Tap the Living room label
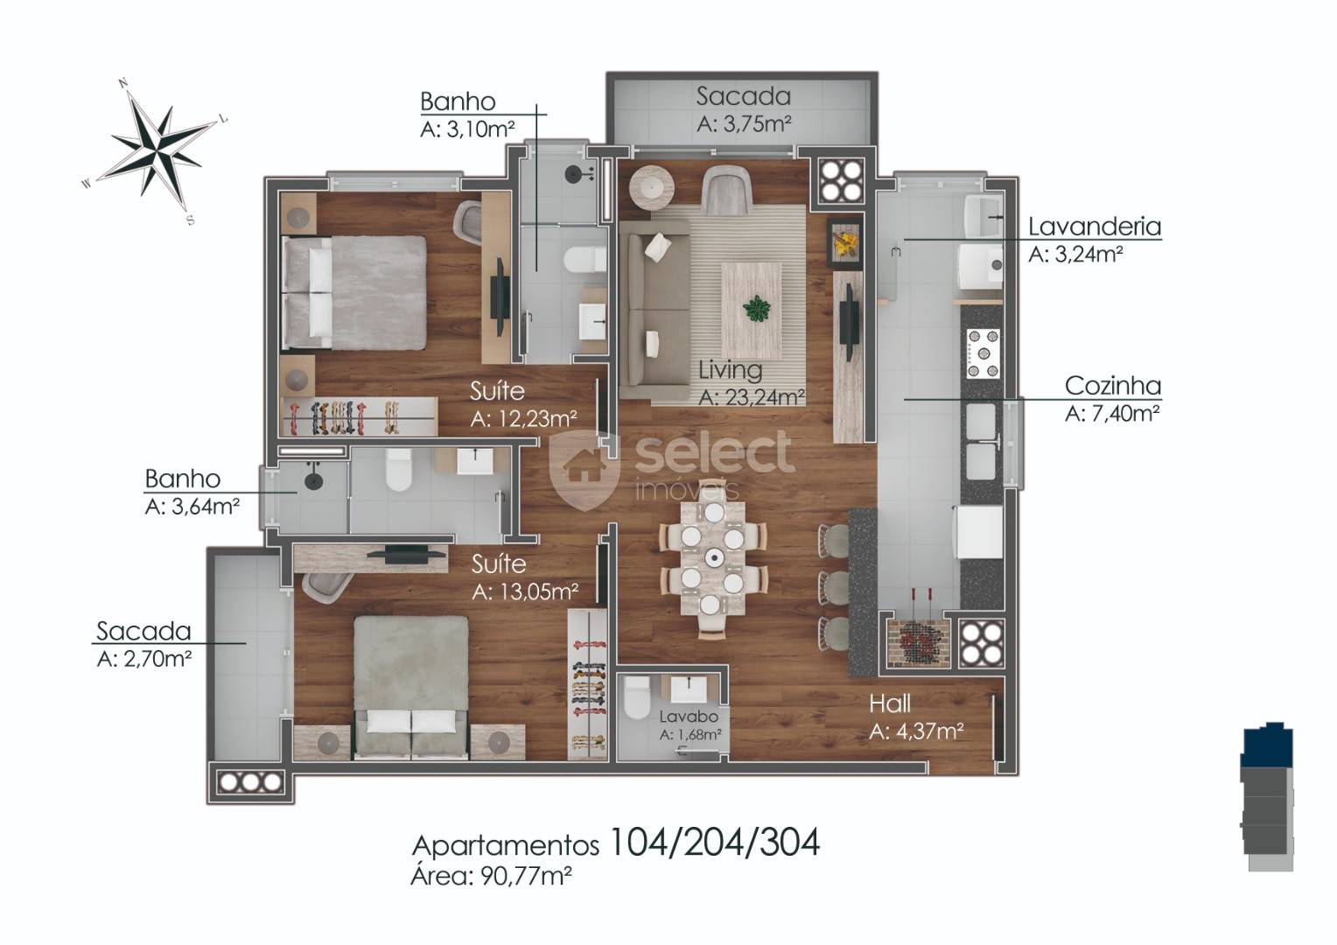click(x=730, y=370)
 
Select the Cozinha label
click(x=1113, y=386)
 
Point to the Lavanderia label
click(x=1095, y=227)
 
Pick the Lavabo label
click(x=689, y=716)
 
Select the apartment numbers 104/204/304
click(x=715, y=843)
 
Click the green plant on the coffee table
click(x=756, y=309)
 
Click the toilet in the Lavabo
click(x=636, y=698)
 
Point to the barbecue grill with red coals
click(x=917, y=642)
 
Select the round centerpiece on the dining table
click(x=712, y=558)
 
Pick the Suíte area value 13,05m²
click(x=525, y=591)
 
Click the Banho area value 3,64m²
click(x=192, y=507)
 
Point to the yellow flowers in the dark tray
click(x=845, y=243)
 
